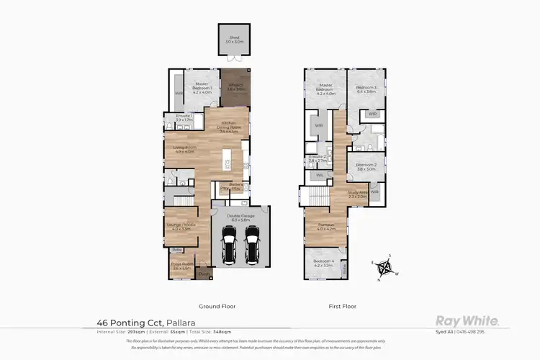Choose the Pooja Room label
(180, 265)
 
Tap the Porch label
(204, 272)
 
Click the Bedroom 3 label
(366, 89)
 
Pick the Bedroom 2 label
(366, 167)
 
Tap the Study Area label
(358, 194)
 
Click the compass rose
(385, 269)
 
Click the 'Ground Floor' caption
(220, 306)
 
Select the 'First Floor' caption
(343, 306)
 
